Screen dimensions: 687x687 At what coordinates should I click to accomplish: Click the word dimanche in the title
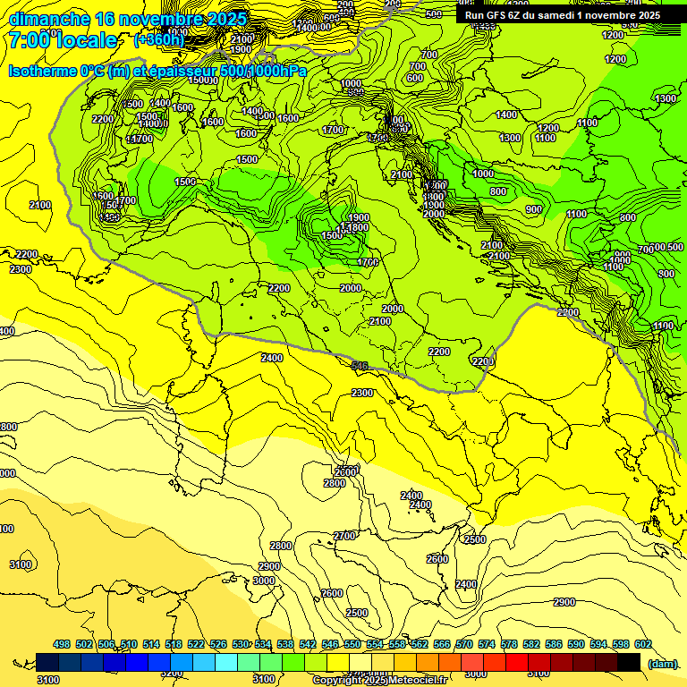(49, 19)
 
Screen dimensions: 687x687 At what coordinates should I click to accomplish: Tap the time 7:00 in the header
(31, 40)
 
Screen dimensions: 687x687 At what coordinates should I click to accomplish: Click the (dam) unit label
(662, 664)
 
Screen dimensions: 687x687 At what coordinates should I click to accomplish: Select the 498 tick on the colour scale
(62, 645)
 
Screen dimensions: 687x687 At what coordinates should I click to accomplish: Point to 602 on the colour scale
(643, 645)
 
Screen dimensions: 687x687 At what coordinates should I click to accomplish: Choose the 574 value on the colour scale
(487, 645)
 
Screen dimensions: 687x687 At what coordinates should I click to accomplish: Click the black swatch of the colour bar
(629, 662)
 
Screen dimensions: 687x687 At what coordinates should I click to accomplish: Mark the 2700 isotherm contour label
(344, 536)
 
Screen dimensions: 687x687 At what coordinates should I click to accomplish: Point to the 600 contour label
(414, 78)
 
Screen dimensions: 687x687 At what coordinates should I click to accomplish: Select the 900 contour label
(534, 209)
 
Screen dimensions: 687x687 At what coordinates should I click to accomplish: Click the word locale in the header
(84, 40)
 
